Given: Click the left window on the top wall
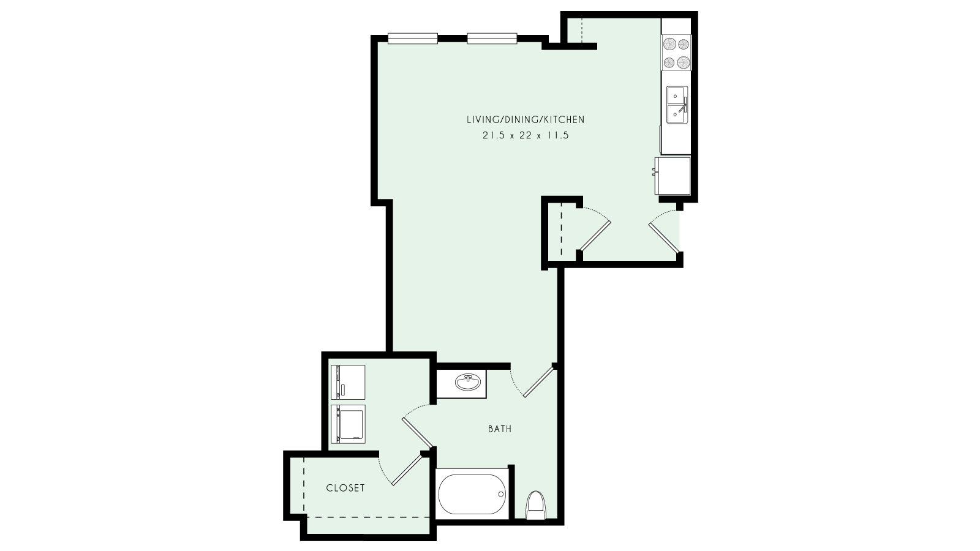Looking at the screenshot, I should coord(413,39).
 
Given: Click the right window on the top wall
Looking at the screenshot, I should coord(493,39).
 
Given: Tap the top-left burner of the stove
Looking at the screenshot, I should coord(668,44).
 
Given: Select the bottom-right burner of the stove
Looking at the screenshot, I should coord(682,61).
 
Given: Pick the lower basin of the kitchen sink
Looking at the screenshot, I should coord(676,113).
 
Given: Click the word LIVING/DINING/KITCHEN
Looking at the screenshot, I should coord(525,120).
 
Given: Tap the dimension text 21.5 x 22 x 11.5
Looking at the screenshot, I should coord(525,136).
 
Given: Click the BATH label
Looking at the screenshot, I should coord(500,429).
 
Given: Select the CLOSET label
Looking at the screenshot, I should coord(345,488).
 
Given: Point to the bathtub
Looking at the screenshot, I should coord(472,493).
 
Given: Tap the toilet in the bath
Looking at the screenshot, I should coord(536,504).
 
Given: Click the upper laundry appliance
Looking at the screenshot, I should coord(348,382).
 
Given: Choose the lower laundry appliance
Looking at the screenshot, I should coord(348,424).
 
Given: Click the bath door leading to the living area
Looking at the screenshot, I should coord(538,381).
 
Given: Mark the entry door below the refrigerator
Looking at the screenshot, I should coord(664,236).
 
